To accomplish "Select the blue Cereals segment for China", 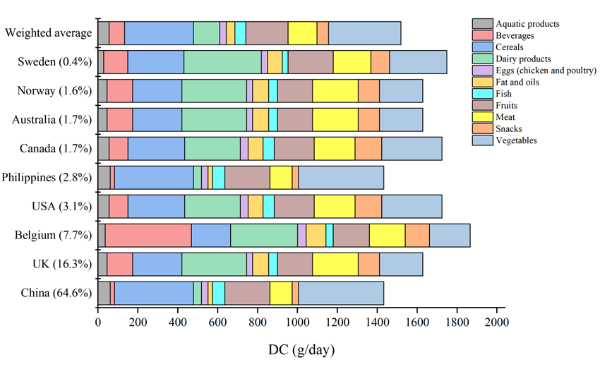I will pyautogui.click(x=154, y=292).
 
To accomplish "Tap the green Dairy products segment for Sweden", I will pyautogui.click(x=222, y=62).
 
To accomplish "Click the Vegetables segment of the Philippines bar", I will pyautogui.click(x=341, y=177).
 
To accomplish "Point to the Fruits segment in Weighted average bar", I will pyautogui.click(x=267, y=33).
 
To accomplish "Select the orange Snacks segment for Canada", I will pyautogui.click(x=368, y=148).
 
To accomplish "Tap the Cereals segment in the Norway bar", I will pyautogui.click(x=157, y=91).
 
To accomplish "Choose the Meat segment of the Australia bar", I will pyautogui.click(x=335, y=120).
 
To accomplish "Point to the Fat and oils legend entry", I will pyautogui.click(x=517, y=82).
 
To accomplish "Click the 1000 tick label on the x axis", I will pyautogui.click(x=296, y=322).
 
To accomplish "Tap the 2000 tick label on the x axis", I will pyautogui.click(x=496, y=322).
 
